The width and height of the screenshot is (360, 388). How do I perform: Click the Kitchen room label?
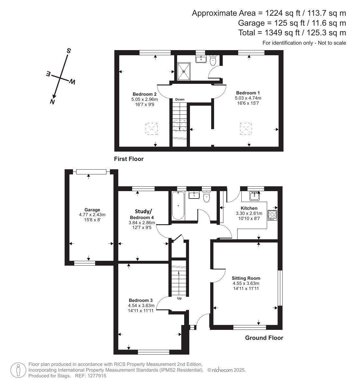click(x=249, y=208)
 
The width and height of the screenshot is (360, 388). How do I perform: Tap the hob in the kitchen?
click(x=272, y=215)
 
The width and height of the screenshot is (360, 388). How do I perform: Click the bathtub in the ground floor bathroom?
click(x=178, y=206)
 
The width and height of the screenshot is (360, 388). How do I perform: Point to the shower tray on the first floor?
click(x=184, y=72)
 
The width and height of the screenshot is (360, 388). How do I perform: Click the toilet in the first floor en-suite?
click(x=212, y=60)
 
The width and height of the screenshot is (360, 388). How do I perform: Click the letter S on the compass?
click(x=69, y=51)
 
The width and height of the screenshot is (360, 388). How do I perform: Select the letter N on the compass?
click(x=52, y=101)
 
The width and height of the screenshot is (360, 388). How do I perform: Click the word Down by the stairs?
click(x=180, y=99)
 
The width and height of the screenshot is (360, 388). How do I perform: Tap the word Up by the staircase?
click(x=179, y=298)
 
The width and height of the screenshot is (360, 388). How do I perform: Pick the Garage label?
click(x=92, y=210)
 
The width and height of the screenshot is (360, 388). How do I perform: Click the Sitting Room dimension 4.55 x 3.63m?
click(x=246, y=283)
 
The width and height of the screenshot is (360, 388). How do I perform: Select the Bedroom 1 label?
click(x=248, y=93)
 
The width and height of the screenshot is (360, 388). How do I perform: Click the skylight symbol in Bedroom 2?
click(x=151, y=128)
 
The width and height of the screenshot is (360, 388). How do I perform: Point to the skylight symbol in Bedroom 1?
click(x=246, y=128)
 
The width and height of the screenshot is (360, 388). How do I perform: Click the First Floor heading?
click(x=129, y=159)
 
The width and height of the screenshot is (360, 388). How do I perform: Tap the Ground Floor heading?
click(x=264, y=338)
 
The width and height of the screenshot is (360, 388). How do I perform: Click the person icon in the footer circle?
click(x=18, y=370)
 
